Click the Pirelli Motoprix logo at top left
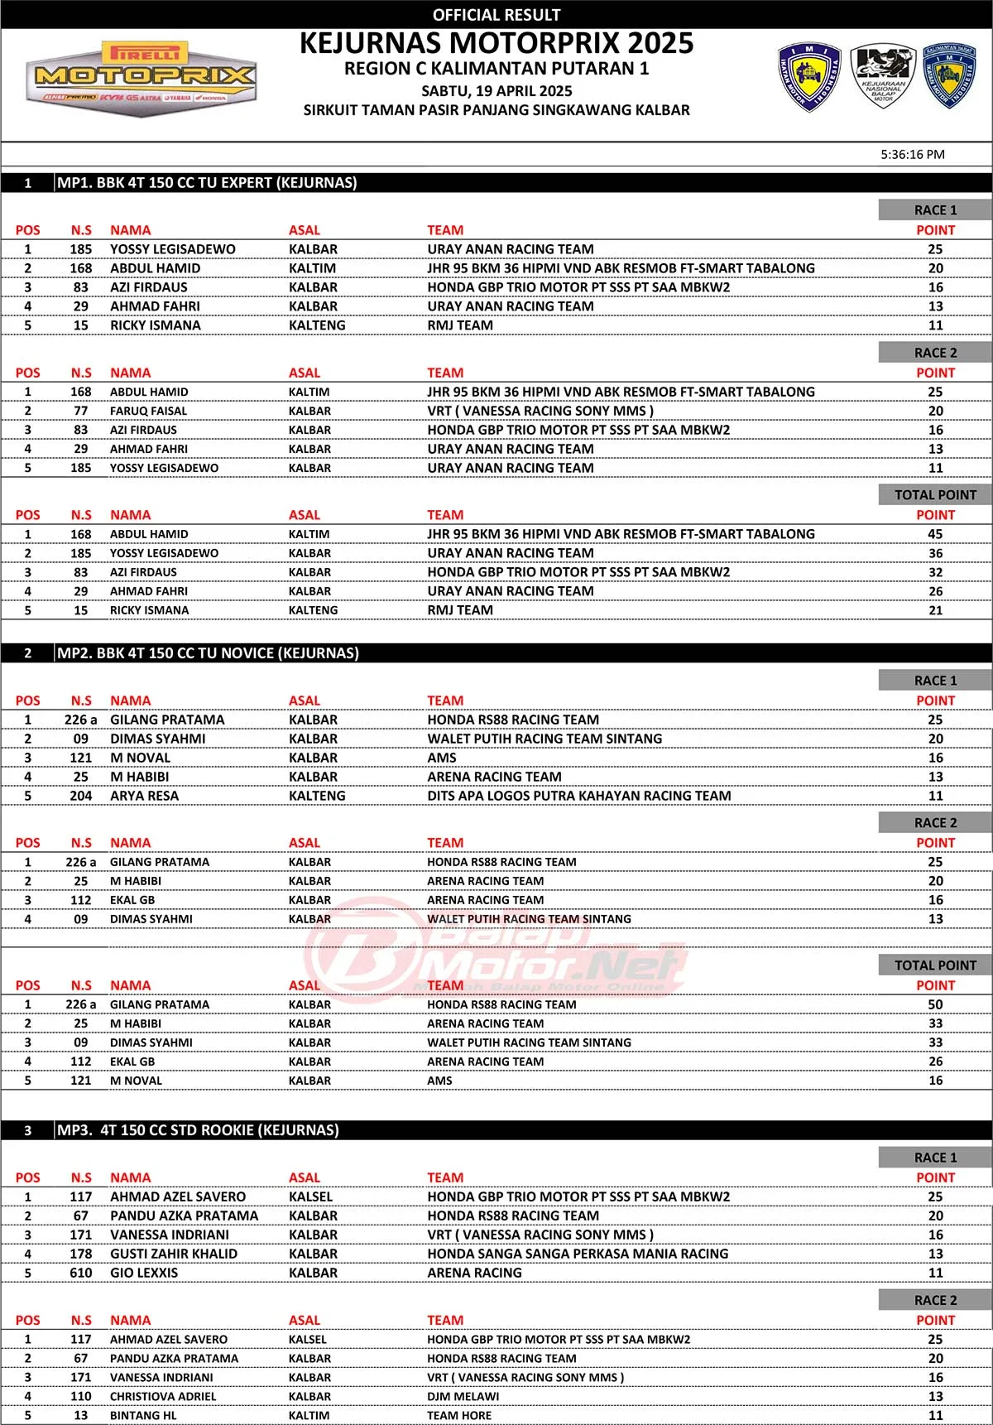pyautogui.click(x=141, y=77)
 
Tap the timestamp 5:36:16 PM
pyautogui.click(x=912, y=154)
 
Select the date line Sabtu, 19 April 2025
pyautogui.click(x=496, y=91)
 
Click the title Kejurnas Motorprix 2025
pyautogui.click(x=496, y=43)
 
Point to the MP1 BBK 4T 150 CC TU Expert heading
pyautogui.click(x=207, y=183)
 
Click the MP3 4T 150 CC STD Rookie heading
pyautogui.click(x=198, y=1130)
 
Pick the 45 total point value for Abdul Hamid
pyautogui.click(x=935, y=534)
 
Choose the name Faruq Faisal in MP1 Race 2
pyautogui.click(x=148, y=411)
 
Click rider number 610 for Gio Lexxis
pyautogui.click(x=81, y=1273)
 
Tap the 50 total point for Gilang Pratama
pyautogui.click(x=935, y=1004)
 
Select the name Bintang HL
pyautogui.click(x=143, y=1415)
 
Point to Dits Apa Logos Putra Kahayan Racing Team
pyautogui.click(x=578, y=796)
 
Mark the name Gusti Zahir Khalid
pyautogui.click(x=174, y=1254)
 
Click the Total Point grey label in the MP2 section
pyautogui.click(x=935, y=965)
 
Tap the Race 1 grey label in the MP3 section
pyautogui.click(x=935, y=1158)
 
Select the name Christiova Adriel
pyautogui.click(x=163, y=1396)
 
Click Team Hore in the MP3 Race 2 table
pyautogui.click(x=458, y=1415)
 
